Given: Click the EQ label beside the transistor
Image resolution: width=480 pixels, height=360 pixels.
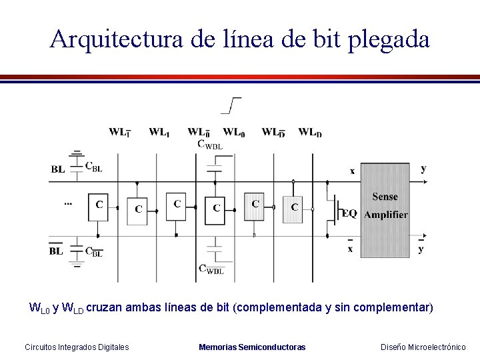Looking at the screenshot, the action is click(349, 213).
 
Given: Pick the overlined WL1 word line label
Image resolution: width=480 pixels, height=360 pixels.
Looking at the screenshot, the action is click(119, 132).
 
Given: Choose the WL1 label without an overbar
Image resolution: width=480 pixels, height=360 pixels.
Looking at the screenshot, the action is click(159, 132).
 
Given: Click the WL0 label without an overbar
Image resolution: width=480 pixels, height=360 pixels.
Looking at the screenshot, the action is click(233, 132).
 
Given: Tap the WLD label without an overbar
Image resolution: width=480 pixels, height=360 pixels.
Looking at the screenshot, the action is click(310, 132).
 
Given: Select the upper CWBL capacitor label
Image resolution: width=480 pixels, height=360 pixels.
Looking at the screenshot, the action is click(211, 144).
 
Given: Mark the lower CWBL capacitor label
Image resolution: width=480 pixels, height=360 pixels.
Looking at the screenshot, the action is click(211, 269).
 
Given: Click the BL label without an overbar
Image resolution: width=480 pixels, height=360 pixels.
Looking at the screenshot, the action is click(58, 169).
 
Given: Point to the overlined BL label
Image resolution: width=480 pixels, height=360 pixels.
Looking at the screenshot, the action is click(56, 251).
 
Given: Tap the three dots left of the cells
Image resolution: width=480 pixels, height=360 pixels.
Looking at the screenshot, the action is click(68, 201).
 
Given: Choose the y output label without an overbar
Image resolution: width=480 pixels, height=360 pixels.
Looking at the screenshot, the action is click(423, 169).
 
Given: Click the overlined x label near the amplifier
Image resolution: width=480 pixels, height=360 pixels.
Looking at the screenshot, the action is click(351, 248).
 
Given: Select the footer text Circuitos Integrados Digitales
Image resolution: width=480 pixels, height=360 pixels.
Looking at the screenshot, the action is click(77, 347).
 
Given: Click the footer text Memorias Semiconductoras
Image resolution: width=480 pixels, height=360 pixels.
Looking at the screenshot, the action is click(252, 347).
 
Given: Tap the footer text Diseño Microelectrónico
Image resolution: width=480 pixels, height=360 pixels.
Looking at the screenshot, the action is click(423, 347).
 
